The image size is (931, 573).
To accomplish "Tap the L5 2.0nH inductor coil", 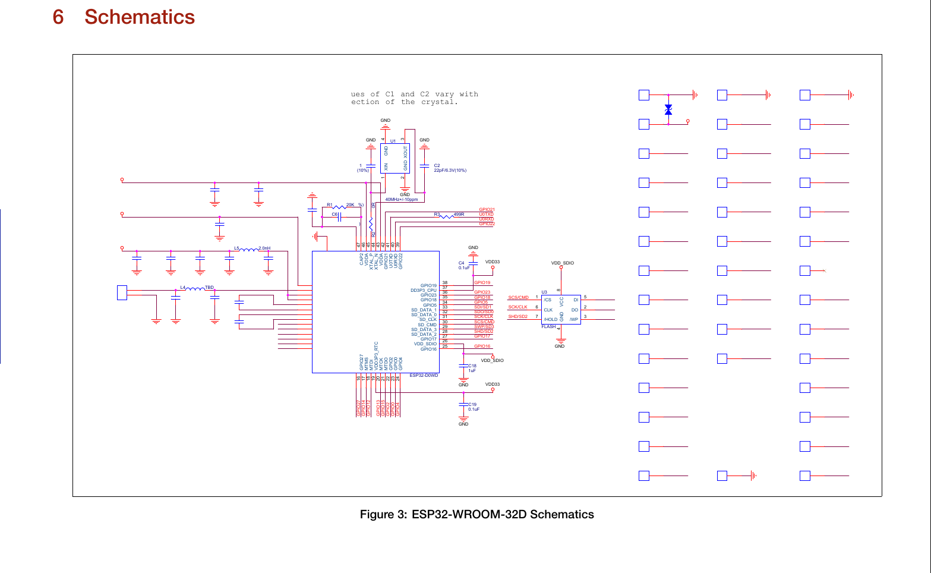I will (249, 250).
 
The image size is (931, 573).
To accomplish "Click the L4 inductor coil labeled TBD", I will (195, 289).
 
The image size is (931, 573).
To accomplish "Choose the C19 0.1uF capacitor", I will (463, 405).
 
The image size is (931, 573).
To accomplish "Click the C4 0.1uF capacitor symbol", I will (473, 260).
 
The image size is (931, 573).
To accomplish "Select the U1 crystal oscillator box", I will (395, 158).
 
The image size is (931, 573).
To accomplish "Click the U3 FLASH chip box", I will (561, 310).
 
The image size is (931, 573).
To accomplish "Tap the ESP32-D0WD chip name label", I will (424, 376).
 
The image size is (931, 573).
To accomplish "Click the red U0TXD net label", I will (486, 215).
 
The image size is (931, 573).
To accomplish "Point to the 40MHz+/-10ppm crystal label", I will (402, 200).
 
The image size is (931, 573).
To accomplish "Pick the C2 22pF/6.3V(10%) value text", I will (450, 171).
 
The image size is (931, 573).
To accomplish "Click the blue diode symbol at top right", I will (668, 110).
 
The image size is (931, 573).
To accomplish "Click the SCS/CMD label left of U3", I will (518, 297).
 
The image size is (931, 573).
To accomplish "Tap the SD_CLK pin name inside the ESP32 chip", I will (428, 320).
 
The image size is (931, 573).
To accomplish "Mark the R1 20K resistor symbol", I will (339, 206).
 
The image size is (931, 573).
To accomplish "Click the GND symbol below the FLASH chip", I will (560, 341).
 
